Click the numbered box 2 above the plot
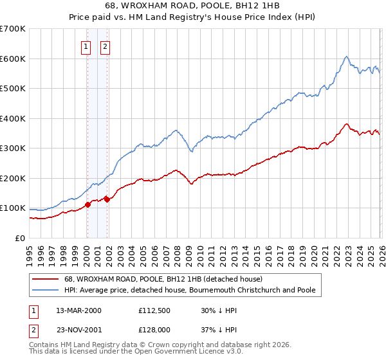pos(105,46)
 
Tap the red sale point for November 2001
pos(107,199)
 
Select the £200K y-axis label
pos(13,178)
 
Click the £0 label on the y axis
pos(19,238)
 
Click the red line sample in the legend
pos(45,280)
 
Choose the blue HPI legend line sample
pos(45,291)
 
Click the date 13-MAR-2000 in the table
pos(78,310)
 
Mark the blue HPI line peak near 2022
pos(346,57)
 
